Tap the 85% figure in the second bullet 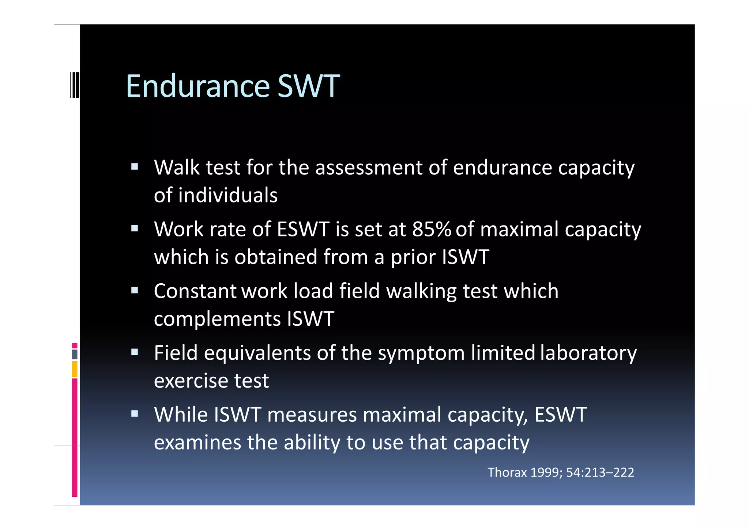coord(432,229)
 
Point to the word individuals coord(227,195)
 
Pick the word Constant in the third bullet coord(195,291)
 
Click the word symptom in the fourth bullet coord(421,354)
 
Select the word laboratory coord(588,354)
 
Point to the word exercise coord(191,381)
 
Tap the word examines coord(197,443)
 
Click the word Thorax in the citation coord(507,473)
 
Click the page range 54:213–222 coord(600,473)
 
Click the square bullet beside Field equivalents coord(135,352)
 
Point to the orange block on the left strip coord(75,369)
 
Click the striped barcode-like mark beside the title coord(74,85)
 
